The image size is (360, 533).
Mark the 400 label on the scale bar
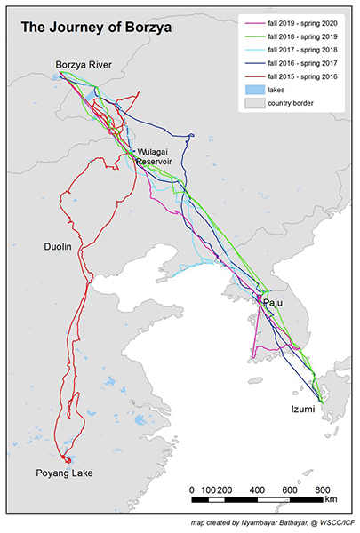point(258,490)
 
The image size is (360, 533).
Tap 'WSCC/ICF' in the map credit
point(333,525)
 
